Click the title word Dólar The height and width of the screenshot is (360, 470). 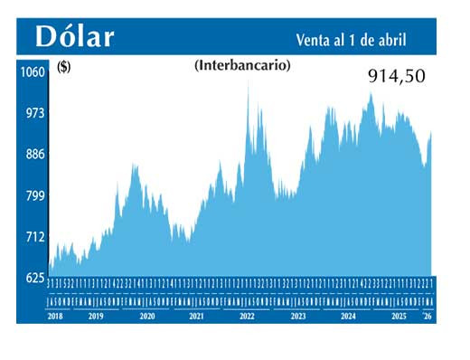pyautogui.click(x=75, y=36)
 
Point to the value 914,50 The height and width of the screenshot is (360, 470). pyautogui.click(x=396, y=77)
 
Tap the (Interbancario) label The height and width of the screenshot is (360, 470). pyautogui.click(x=242, y=65)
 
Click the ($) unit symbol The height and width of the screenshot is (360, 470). pyautogui.click(x=64, y=66)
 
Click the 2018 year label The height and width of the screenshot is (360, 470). pyautogui.click(x=56, y=317)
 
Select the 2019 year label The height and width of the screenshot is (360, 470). pyautogui.click(x=96, y=317)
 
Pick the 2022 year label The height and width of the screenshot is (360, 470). pyautogui.click(x=246, y=317)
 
